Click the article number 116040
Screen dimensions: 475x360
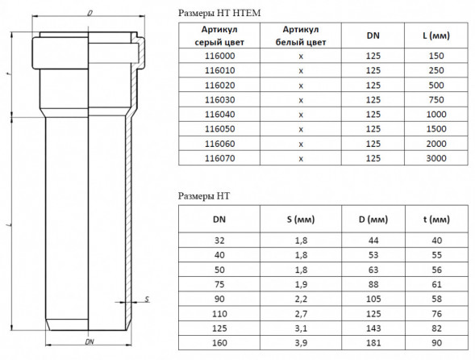[219, 115]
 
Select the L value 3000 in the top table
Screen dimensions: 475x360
[436, 158]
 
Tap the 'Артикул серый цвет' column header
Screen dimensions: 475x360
[219, 36]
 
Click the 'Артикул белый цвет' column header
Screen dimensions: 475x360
[301, 36]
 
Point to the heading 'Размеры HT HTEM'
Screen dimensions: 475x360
[219, 13]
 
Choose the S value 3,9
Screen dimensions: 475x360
[301, 343]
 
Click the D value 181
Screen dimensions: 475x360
[373, 343]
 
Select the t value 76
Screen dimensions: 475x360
[436, 314]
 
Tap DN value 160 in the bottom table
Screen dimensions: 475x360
[219, 343]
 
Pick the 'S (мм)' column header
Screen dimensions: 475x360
[301, 220]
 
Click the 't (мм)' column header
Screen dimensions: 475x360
[436, 220]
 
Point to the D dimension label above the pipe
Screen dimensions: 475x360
[90, 13]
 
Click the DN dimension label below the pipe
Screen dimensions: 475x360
[90, 341]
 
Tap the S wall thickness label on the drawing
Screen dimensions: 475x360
[147, 299]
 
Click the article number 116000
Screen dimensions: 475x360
[219, 56]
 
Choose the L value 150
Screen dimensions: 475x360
[436, 56]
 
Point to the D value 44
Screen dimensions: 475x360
[373, 241]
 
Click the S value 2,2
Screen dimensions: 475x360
[301, 299]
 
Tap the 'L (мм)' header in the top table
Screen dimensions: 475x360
[436, 36]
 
